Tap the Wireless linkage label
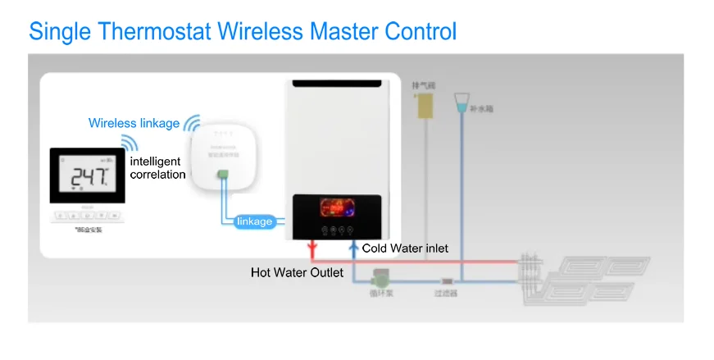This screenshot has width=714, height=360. click(x=134, y=123)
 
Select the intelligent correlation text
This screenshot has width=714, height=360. click(x=157, y=168)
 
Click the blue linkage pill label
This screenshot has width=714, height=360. click(x=254, y=221)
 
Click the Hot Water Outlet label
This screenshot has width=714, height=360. click(x=297, y=271)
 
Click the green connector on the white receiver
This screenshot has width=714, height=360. click(x=222, y=174)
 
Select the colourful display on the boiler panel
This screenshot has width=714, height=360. click(x=336, y=208)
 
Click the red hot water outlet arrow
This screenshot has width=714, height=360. click(x=312, y=248)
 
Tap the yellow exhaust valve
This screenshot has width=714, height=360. click(x=424, y=106)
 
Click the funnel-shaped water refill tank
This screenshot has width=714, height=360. click(x=462, y=103)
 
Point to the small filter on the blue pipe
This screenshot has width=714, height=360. click(x=446, y=280)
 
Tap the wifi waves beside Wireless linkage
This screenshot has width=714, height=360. click(x=192, y=124)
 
